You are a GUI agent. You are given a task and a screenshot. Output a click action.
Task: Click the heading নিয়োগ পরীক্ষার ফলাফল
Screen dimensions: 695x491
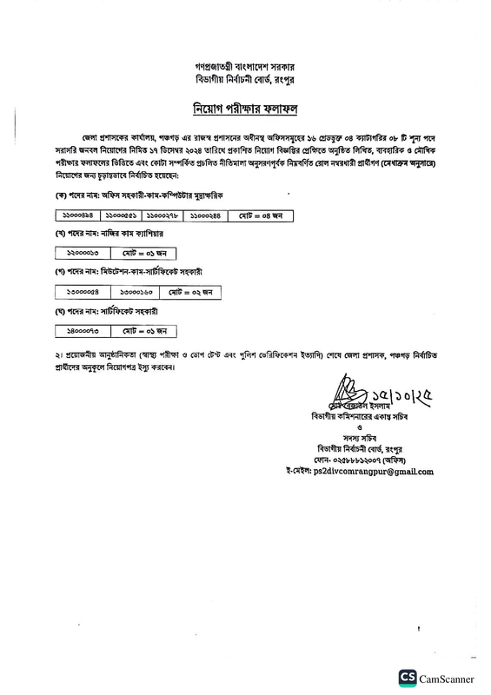[246, 109]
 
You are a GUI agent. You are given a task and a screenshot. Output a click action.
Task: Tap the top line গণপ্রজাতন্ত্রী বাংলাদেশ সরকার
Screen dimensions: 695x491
[246, 66]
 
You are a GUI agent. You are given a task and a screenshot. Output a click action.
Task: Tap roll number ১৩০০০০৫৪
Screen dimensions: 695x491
[82, 292]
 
